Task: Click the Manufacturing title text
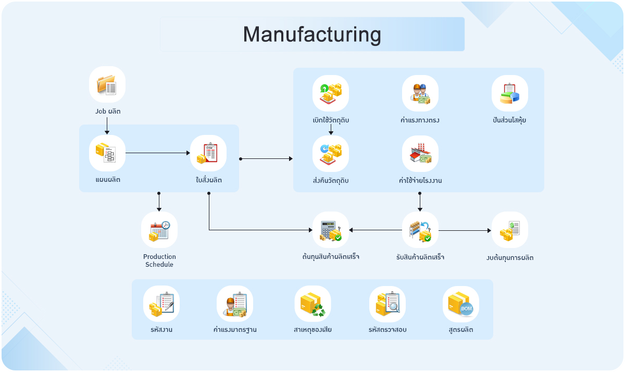point(311,34)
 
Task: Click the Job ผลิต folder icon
point(107,84)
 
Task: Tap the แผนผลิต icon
point(107,153)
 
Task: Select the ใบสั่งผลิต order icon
point(208,153)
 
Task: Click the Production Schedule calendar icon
point(159,230)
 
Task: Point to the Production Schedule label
point(159,261)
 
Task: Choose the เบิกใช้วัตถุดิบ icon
point(331,93)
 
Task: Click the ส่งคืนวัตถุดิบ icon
point(331,154)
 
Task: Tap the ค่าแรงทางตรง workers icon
point(420,93)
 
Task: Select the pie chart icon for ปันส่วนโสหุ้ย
point(510,93)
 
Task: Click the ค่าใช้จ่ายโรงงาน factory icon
point(420,154)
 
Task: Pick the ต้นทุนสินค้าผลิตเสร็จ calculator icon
point(331,230)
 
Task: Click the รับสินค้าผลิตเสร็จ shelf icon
point(420,230)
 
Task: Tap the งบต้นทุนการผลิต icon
point(510,230)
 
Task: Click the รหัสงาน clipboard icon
point(161,304)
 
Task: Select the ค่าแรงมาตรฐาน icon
point(235,304)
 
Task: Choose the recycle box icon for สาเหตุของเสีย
point(312,304)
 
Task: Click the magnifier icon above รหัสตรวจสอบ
point(387,304)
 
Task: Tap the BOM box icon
point(461,304)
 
